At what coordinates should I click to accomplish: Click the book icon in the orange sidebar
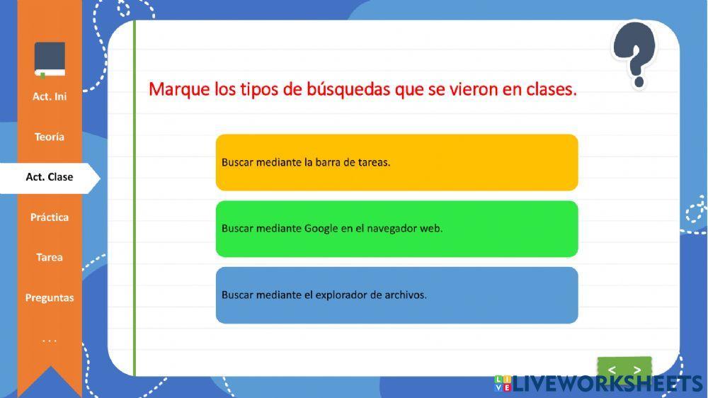[x=50, y=59]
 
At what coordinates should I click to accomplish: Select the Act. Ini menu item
[x=50, y=96]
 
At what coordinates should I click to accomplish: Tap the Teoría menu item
[x=50, y=137]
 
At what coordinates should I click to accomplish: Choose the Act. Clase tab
[x=50, y=177]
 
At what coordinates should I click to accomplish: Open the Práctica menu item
[x=50, y=217]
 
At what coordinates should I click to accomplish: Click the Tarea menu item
[x=50, y=258]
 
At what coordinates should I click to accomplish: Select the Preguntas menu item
[x=50, y=298]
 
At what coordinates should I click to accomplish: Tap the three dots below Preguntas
[x=50, y=341]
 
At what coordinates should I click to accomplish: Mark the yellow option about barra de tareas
[x=396, y=162]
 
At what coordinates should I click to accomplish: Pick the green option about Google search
[x=396, y=229]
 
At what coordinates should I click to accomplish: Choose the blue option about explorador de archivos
[x=396, y=295]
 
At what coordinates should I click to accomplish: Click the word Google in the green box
[x=321, y=229]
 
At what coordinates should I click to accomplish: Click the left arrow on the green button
[x=612, y=370]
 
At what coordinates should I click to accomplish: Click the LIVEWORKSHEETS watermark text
[x=607, y=385]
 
